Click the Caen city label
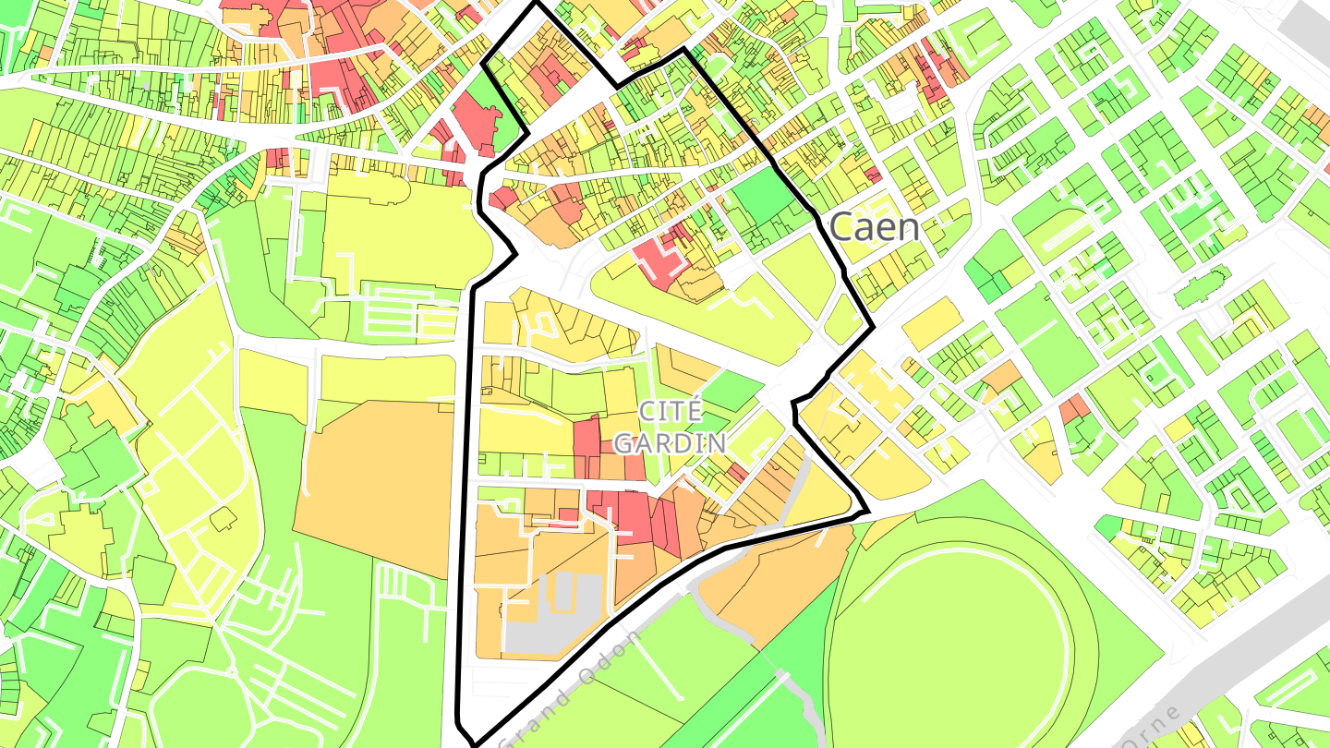874,226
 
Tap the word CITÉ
671,412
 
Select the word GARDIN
670,443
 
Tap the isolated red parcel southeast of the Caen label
1073,408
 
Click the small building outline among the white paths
223,520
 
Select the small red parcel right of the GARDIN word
736,473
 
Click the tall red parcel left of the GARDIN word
586,448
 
